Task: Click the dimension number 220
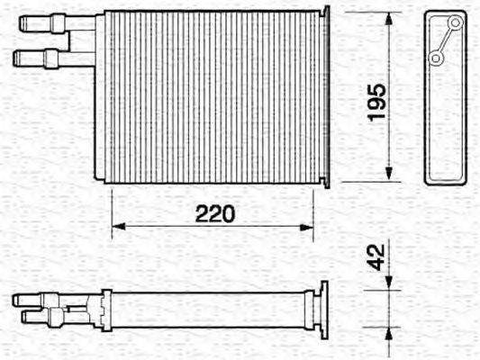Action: click(216, 213)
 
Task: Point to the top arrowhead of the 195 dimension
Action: click(390, 21)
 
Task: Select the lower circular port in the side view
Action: click(436, 58)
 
